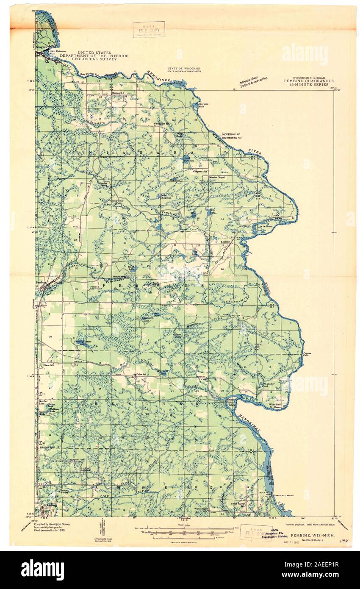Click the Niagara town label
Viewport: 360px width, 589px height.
[42, 47]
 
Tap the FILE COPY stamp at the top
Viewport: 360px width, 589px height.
[149, 30]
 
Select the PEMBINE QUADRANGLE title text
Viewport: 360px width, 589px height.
[309, 81]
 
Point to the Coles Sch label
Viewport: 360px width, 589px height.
[141, 375]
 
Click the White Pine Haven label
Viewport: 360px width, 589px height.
[275, 406]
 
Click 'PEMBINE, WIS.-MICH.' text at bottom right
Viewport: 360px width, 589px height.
[312, 535]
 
